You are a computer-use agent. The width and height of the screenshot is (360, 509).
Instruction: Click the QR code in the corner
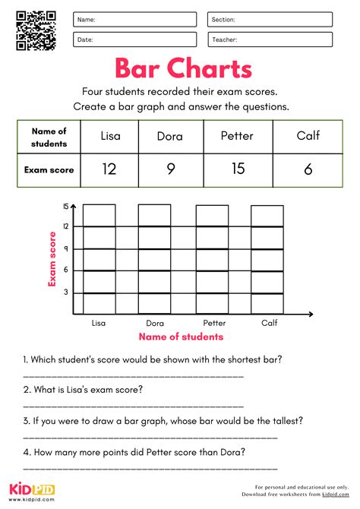[x=36, y=30]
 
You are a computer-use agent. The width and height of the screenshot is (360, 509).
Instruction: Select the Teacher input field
[x=270, y=40]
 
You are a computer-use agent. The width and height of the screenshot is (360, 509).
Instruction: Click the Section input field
[x=270, y=20]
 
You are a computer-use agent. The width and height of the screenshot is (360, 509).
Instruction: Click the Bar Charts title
[x=183, y=69]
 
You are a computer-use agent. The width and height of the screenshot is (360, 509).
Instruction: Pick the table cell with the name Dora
[x=169, y=137]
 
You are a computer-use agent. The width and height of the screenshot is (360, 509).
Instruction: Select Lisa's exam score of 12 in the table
[x=109, y=169]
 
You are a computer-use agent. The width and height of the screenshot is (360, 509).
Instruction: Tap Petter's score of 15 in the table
[x=238, y=169]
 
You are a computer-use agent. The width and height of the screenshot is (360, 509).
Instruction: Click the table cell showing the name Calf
[x=308, y=137]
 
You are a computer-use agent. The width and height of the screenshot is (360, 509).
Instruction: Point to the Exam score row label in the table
[x=49, y=170]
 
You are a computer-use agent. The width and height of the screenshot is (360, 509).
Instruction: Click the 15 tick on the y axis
[x=66, y=207]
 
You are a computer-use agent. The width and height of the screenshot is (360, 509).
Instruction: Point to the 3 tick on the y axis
[x=66, y=292]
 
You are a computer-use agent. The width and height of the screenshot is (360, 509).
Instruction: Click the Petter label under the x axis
[x=214, y=323]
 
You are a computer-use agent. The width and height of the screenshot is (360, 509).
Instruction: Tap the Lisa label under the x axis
[x=99, y=323]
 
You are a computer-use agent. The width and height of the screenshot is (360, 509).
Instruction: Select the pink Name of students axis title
[x=180, y=337]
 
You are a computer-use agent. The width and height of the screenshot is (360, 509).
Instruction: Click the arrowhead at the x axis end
[x=312, y=315]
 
